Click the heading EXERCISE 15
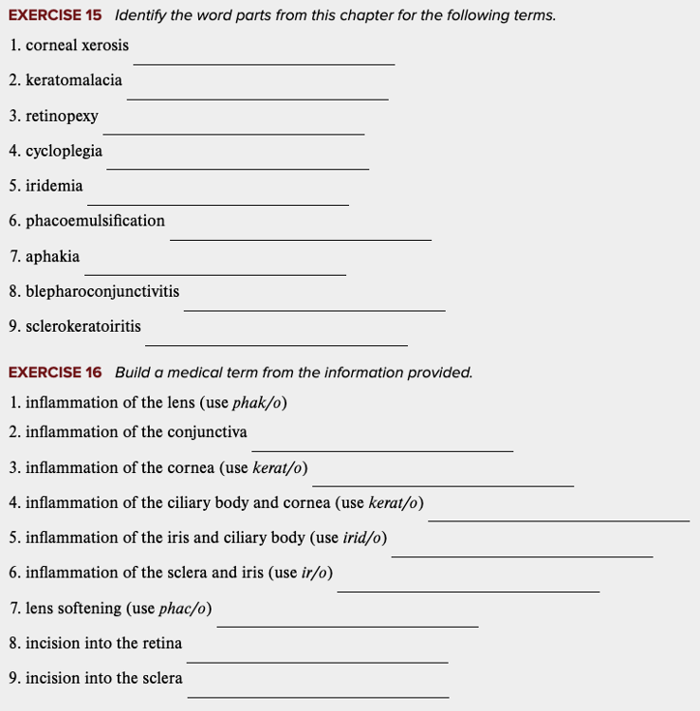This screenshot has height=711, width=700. [x=55, y=15]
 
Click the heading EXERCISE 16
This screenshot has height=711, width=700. [x=55, y=373]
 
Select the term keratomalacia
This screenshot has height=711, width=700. [x=74, y=81]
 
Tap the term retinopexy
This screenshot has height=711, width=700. [x=62, y=116]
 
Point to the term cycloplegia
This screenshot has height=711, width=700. [x=64, y=151]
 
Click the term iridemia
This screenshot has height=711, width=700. [x=54, y=186]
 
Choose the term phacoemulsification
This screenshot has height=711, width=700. [x=95, y=221]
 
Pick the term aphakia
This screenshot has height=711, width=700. [x=53, y=256]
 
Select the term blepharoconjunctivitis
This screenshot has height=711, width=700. [x=102, y=291]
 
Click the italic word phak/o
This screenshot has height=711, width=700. [x=257, y=403]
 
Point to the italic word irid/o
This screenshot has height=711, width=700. [x=364, y=538]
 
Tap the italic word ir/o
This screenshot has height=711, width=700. [x=314, y=574]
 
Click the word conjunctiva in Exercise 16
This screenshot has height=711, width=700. [x=207, y=432]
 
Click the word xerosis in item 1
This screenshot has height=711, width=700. [x=105, y=46]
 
